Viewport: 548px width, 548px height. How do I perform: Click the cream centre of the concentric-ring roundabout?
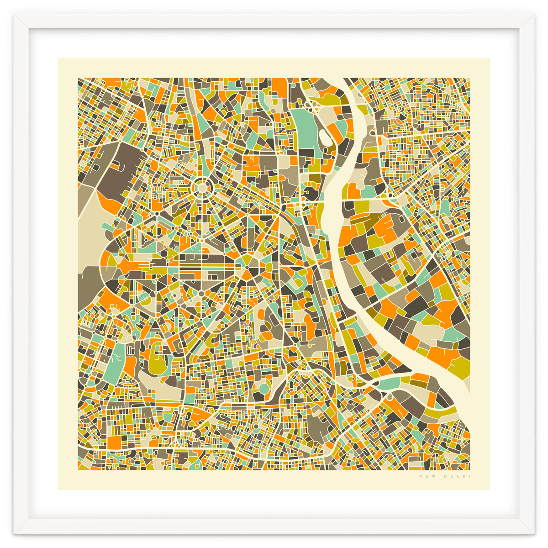coord(201,187)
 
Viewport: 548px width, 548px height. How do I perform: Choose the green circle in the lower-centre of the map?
coord(263,389)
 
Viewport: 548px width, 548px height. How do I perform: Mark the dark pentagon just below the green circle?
coord(259,397)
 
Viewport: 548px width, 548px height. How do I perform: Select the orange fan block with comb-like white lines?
coord(130,265)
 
